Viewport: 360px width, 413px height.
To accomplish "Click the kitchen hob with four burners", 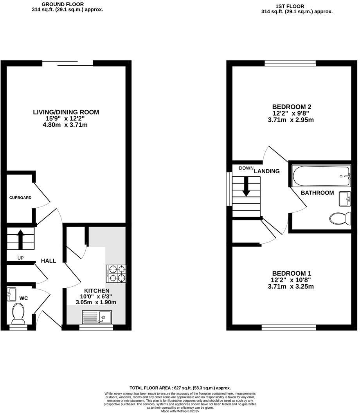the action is (x=116, y=274).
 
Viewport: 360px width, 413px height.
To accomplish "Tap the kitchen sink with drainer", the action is (x=97, y=317).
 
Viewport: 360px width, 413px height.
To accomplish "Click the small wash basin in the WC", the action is (x=11, y=294).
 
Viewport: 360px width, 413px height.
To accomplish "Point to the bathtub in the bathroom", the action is (x=321, y=176).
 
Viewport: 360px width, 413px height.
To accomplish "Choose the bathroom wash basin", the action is (x=345, y=199).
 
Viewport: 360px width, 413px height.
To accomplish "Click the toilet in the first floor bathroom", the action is (x=340, y=218).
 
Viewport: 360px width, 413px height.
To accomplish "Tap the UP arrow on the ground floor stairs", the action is (x=21, y=239).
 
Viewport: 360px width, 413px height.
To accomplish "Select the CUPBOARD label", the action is (x=20, y=198).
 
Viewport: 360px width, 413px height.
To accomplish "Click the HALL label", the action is (x=49, y=261).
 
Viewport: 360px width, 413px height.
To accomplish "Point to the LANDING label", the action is (x=267, y=171).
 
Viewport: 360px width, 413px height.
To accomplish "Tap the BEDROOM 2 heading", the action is (x=292, y=107).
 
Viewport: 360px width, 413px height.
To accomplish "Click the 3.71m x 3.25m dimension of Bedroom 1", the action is (x=291, y=286).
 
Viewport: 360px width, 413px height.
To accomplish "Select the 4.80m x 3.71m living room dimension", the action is (x=65, y=125).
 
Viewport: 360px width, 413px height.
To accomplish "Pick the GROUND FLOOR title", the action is (x=63, y=4).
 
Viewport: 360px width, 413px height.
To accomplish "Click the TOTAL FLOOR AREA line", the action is (x=180, y=388).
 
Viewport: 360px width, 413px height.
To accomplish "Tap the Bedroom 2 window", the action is (x=290, y=63).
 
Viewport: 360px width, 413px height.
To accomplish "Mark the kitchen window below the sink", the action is (x=96, y=327).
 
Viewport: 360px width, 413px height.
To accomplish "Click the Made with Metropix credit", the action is (x=180, y=411).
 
